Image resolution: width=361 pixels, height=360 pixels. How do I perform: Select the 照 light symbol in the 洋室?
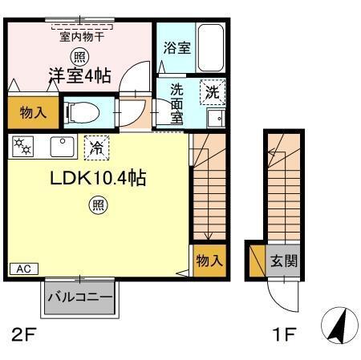78,55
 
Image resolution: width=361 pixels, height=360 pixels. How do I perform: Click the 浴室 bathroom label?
176,47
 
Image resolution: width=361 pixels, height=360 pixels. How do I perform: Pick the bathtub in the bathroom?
212,48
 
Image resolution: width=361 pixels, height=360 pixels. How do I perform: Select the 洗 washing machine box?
213,91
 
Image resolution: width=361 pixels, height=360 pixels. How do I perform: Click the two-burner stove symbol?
23,147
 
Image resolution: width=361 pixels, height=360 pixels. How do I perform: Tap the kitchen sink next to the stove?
60,147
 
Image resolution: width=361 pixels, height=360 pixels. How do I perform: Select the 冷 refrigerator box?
95,147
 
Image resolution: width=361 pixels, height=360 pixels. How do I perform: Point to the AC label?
23,269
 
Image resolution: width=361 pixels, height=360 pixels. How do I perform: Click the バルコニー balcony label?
79,297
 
